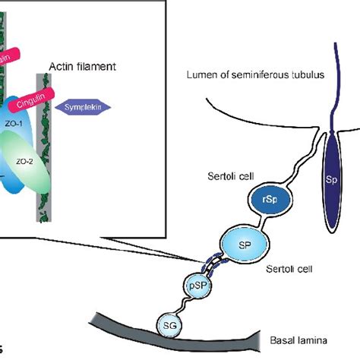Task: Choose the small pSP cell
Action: coord(197,286)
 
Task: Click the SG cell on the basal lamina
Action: coord(169,325)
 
